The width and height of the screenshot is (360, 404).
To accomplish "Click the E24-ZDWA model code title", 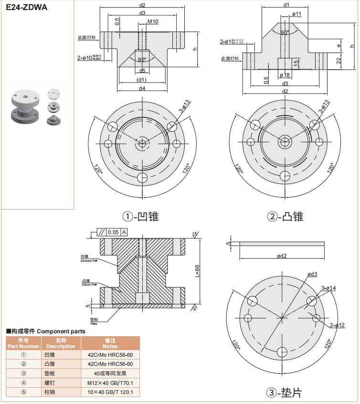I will [26, 8].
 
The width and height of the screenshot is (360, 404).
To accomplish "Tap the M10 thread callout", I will [153, 22].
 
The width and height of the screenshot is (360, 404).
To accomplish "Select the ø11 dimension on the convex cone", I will [296, 14].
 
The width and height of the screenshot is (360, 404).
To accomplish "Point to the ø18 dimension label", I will [285, 75].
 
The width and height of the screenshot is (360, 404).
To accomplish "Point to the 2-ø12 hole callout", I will [337, 326].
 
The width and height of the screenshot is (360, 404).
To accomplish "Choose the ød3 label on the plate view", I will [312, 274].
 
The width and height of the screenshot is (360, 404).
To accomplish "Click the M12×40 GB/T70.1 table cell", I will [110, 383].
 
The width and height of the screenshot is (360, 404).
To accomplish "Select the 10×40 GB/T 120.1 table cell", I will [110, 393].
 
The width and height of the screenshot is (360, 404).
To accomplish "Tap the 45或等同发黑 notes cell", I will [110, 373].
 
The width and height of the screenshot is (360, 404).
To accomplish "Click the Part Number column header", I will [23, 343].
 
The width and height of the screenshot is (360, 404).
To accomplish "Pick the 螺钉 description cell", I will [61, 383].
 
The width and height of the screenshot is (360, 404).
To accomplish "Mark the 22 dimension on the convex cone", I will [339, 60].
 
